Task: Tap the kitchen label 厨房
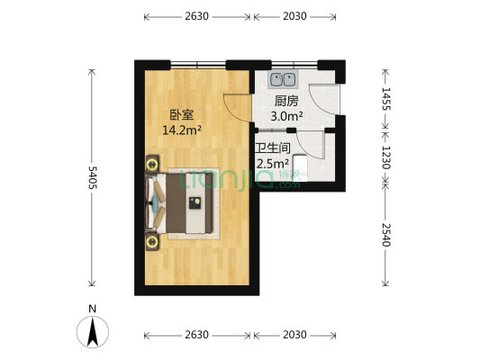(x=286, y=101)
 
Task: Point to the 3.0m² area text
(x=287, y=116)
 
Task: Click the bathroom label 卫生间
(x=272, y=148)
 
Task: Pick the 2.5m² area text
(x=272, y=164)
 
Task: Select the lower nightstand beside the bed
(x=150, y=240)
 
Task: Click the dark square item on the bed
(x=195, y=202)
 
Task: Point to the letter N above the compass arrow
(x=93, y=309)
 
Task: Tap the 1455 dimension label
(x=386, y=99)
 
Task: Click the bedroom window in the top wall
(x=198, y=64)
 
